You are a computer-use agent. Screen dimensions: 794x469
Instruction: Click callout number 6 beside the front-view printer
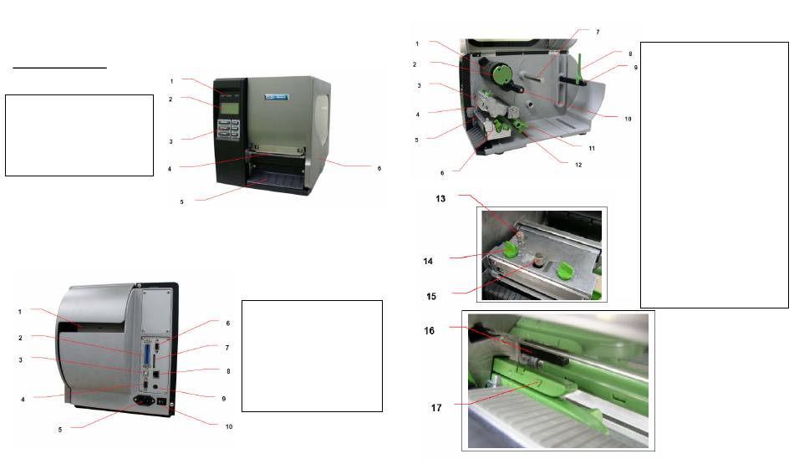pos(379,168)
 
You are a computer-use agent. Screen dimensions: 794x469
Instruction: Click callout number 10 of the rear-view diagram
pos(229,426)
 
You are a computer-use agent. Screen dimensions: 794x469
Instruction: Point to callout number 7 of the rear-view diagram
pos(227,347)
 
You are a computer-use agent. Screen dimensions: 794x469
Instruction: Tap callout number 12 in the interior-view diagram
pos(578,164)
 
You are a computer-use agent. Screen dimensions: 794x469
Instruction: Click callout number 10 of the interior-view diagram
pos(627,119)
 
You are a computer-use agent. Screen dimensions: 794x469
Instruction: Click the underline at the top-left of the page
pos(59,68)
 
